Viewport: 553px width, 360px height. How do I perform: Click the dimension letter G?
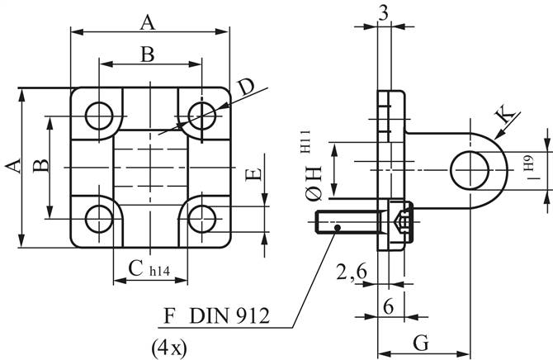tap(419, 342)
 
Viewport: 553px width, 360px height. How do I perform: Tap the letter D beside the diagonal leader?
tap(245, 88)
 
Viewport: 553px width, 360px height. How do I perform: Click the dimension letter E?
tap(255, 175)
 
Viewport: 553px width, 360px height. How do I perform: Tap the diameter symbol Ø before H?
tap(313, 194)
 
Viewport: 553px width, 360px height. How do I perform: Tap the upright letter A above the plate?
tap(149, 21)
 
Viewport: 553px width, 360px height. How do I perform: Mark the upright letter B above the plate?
tap(147, 54)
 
